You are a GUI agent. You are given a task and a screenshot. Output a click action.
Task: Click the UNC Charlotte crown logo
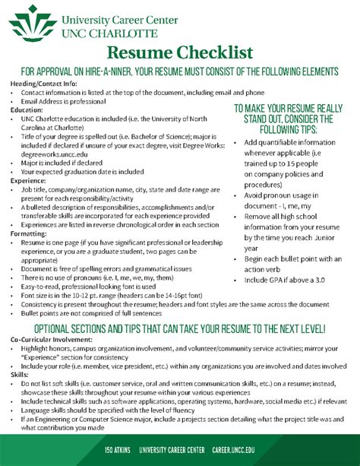click(x=25, y=23)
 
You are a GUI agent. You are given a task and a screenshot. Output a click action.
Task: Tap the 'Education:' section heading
click(x=27, y=109)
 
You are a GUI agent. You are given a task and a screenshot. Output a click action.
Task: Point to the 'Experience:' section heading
click(x=29, y=180)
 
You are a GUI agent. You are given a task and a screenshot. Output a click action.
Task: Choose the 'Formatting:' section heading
click(x=29, y=233)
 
